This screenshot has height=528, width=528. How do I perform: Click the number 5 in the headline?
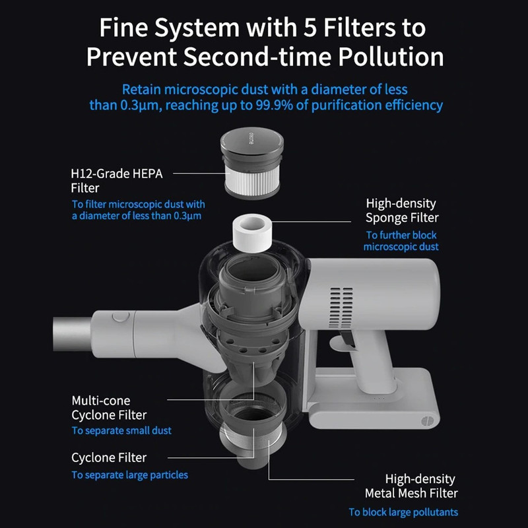tap(310, 28)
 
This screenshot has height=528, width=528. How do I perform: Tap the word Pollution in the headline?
tap(391, 57)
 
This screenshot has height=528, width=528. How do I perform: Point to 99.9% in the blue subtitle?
tap(274, 105)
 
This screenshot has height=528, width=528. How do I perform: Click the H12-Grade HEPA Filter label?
tap(117, 180)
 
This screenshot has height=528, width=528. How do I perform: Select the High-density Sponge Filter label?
tap(402, 211)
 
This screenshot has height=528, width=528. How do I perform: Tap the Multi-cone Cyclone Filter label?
tap(109, 407)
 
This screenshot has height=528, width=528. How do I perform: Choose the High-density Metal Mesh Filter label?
tap(411, 486)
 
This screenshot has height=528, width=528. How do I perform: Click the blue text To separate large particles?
tap(129, 475)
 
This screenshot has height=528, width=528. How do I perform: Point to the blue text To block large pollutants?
tap(403, 512)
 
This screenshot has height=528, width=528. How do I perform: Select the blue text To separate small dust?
tap(121, 430)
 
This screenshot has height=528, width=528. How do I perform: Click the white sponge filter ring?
tap(252, 234)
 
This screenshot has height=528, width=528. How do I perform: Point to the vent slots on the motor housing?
tap(342, 303)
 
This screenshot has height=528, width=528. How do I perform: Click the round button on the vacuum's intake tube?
tap(121, 317)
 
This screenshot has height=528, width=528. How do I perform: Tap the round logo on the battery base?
tap(426, 421)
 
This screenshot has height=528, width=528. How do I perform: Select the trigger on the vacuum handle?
tap(347, 339)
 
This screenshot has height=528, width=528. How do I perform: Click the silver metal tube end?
tap(73, 334)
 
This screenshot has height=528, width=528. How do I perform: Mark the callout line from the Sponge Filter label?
tap(312, 222)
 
